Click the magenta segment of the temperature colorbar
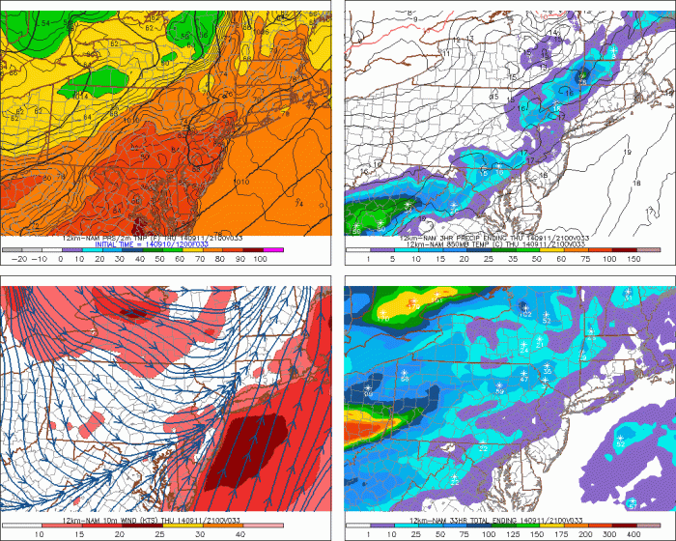274,250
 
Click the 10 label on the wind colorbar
41,533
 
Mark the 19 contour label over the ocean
627,154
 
